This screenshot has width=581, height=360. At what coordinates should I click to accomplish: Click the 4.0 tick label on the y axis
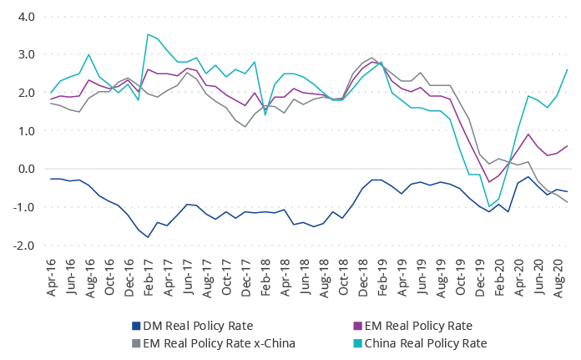(x=25, y=17)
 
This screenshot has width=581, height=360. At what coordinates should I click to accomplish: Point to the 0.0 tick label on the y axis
(x=25, y=169)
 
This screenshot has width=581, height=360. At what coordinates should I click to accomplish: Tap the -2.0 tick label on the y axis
(x=23, y=246)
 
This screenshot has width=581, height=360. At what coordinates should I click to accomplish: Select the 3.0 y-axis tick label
(x=25, y=54)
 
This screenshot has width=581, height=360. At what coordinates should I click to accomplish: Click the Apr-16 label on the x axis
(x=52, y=274)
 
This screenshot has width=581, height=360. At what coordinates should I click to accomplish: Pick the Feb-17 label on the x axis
(x=149, y=274)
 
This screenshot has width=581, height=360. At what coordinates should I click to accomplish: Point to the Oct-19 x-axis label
(x=459, y=274)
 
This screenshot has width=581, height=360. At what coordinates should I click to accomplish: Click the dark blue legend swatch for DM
(x=136, y=326)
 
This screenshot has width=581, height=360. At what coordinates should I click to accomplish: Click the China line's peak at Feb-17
(x=148, y=34)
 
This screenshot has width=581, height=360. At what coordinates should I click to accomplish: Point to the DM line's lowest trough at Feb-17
(x=148, y=237)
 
